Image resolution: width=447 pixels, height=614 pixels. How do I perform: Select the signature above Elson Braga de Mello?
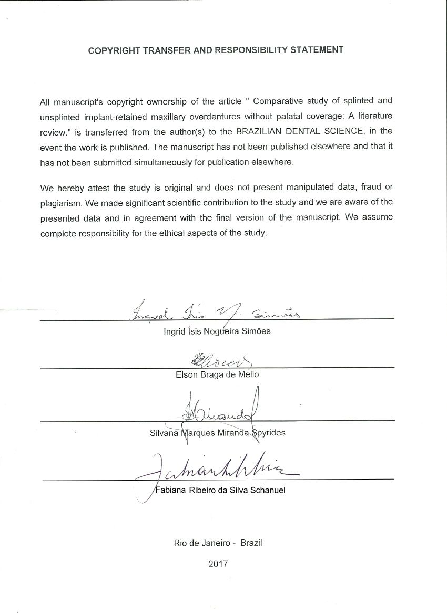(x=216, y=360)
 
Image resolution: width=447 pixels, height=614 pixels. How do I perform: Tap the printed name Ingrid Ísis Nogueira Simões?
(x=217, y=332)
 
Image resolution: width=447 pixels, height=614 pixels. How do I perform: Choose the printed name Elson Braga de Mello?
(x=217, y=375)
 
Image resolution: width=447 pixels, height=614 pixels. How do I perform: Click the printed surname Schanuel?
(x=266, y=491)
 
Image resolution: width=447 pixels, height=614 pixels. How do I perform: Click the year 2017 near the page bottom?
(x=218, y=565)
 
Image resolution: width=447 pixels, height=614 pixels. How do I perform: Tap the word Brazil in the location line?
(x=251, y=543)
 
